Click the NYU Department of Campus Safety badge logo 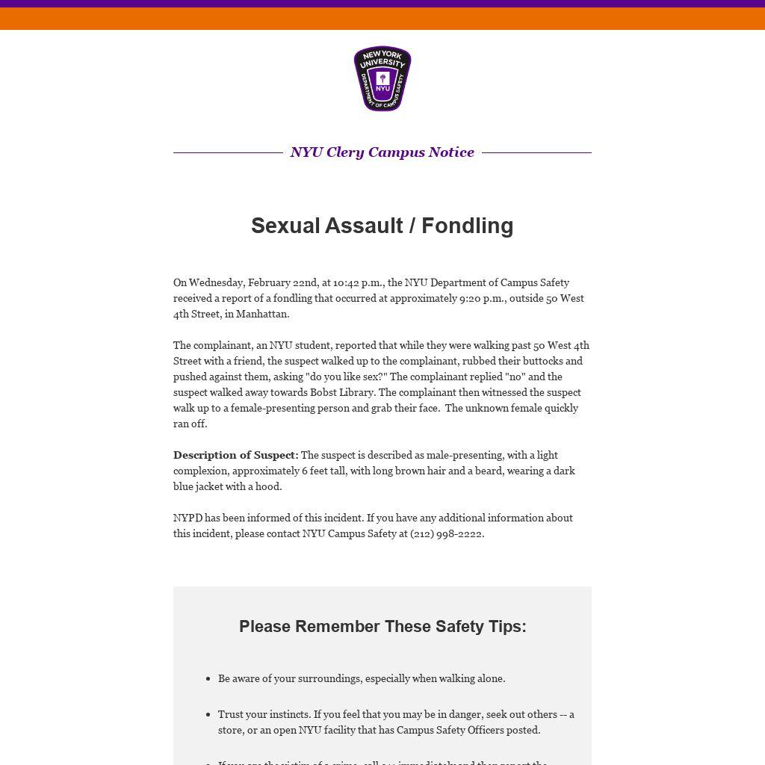click(382, 78)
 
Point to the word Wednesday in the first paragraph click(217, 282)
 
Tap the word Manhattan click(261, 314)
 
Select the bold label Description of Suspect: click(235, 455)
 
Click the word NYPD click(188, 518)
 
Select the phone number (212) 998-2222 click(446, 533)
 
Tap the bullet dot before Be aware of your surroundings click(208, 679)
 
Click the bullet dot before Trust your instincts click(208, 715)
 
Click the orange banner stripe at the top click(382, 19)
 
